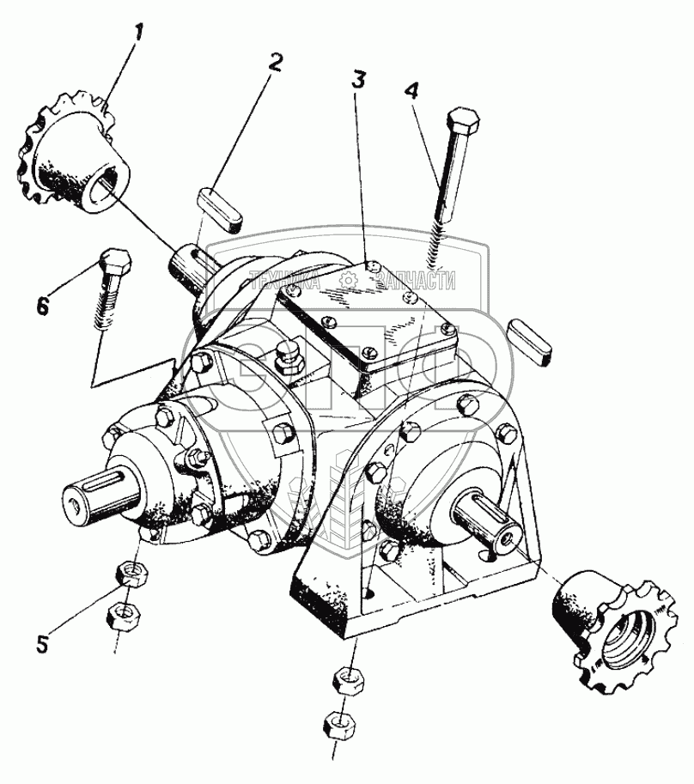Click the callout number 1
tap(137, 35)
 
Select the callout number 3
tap(358, 81)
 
